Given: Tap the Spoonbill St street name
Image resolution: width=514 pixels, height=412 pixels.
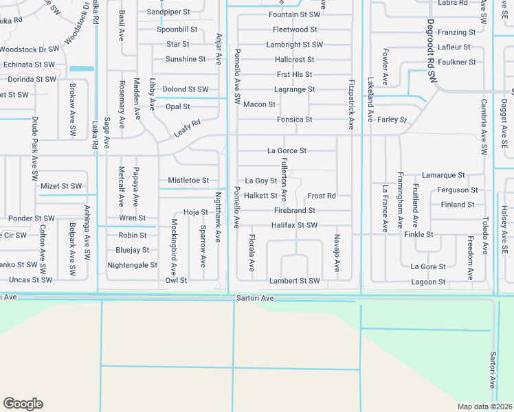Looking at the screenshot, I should pyautogui.click(x=177, y=30).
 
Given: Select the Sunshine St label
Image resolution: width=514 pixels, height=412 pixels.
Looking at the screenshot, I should pyautogui.click(x=186, y=59).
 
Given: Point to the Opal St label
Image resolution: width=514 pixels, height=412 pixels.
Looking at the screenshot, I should pyautogui.click(x=177, y=106).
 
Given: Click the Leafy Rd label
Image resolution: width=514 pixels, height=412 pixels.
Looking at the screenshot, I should pyautogui.click(x=186, y=127).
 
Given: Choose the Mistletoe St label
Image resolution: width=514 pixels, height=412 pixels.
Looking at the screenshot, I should pyautogui.click(x=188, y=181).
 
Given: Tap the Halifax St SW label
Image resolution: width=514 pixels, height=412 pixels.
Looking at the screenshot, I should pyautogui.click(x=294, y=225).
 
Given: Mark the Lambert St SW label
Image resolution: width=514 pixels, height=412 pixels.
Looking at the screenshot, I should pyautogui.click(x=295, y=281).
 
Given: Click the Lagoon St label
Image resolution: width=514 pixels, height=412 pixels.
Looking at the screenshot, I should pyautogui.click(x=428, y=282).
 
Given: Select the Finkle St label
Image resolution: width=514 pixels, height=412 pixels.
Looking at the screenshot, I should pyautogui.click(x=418, y=234).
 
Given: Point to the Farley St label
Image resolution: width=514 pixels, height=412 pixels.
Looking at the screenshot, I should pyautogui.click(x=392, y=119).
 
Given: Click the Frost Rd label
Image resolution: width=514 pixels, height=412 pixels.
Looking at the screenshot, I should pyautogui.click(x=322, y=196).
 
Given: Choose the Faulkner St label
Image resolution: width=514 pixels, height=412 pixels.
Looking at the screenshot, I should pyautogui.click(x=458, y=62).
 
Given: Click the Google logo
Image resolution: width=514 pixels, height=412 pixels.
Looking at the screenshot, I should pyautogui.click(x=23, y=404).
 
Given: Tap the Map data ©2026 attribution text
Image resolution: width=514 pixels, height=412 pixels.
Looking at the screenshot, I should pyautogui.click(x=485, y=407).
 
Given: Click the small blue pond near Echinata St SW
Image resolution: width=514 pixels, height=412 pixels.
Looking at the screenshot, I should pyautogui.click(x=81, y=69).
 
